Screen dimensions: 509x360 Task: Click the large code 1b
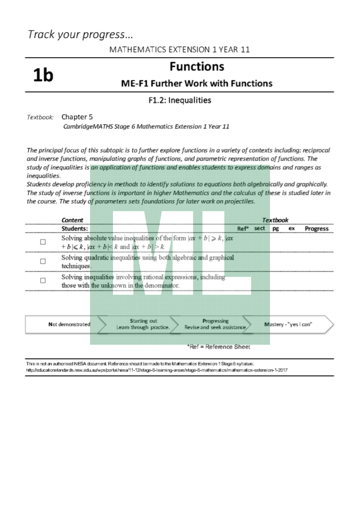click(x=43, y=75)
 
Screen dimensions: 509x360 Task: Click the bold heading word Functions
click(x=197, y=67)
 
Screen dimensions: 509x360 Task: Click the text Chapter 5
click(x=77, y=117)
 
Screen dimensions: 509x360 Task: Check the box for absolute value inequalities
click(x=43, y=242)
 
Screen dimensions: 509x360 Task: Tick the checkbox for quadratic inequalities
click(x=43, y=261)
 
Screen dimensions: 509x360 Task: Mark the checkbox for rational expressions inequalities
click(x=43, y=281)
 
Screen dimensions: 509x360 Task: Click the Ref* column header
click(x=243, y=229)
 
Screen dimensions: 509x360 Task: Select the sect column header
click(x=260, y=228)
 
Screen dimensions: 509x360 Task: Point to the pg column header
click(x=275, y=229)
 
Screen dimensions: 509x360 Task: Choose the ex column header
click(x=292, y=229)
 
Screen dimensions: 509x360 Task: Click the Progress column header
click(x=317, y=229)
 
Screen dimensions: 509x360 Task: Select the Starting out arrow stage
click(x=143, y=324)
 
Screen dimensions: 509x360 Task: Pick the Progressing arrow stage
click(x=216, y=324)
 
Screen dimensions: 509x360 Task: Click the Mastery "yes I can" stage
click(x=288, y=324)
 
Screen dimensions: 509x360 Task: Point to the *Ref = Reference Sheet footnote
click(x=218, y=347)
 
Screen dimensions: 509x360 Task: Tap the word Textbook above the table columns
click(x=275, y=220)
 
